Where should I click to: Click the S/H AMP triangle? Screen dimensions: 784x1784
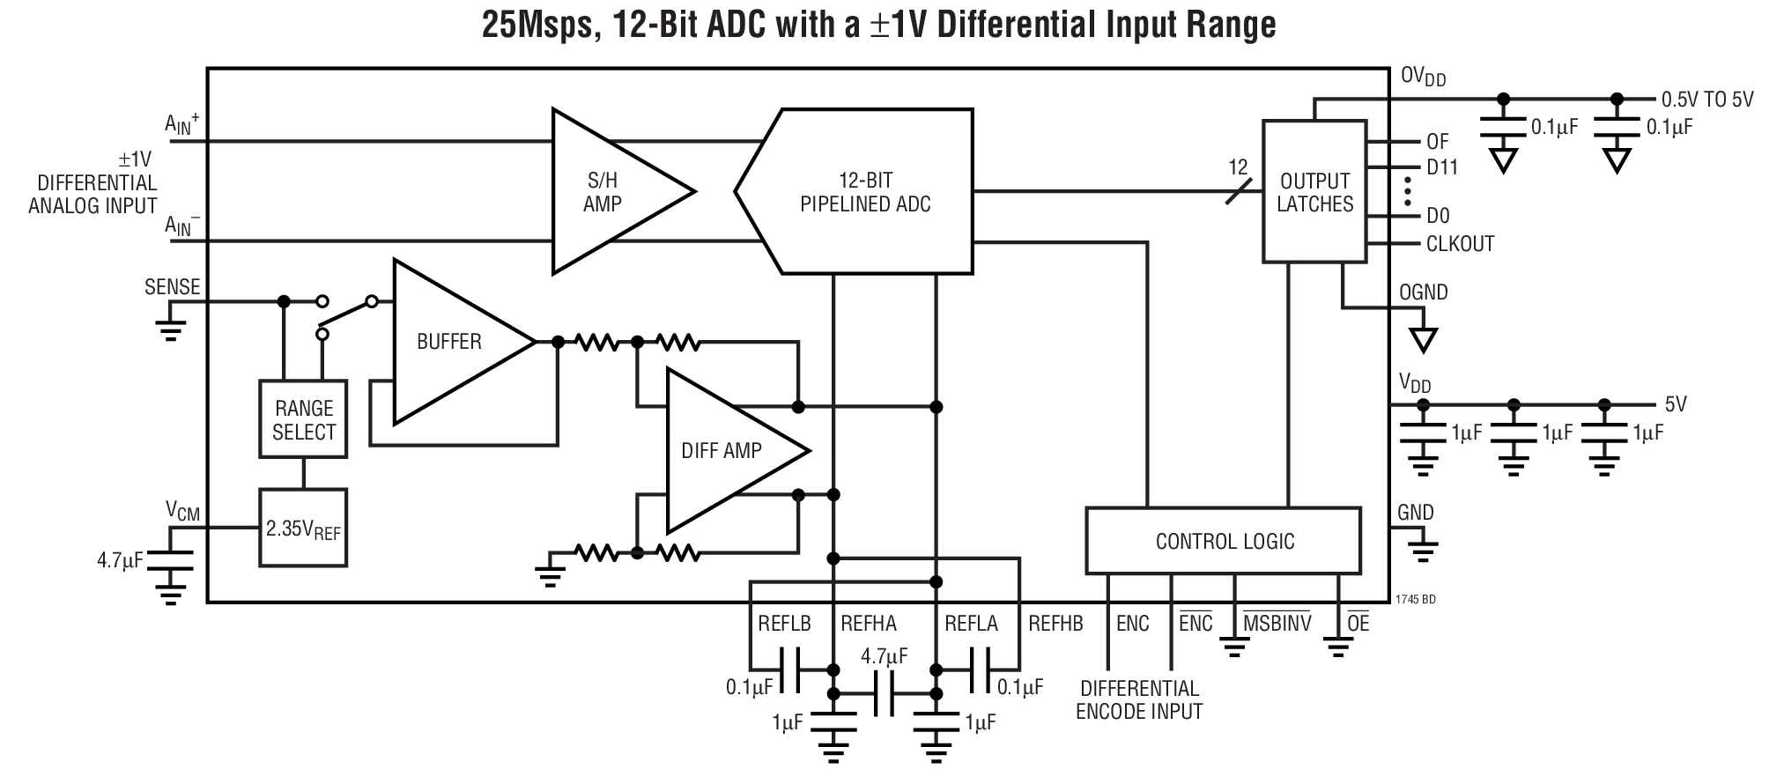tap(608, 192)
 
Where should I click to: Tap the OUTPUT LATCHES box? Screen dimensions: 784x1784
tap(1314, 192)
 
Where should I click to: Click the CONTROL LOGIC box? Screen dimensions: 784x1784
tap(1224, 541)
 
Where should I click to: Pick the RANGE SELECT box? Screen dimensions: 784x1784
tap(303, 419)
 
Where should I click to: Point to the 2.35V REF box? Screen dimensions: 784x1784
tap(303, 529)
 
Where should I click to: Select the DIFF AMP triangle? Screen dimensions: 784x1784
tap(724, 451)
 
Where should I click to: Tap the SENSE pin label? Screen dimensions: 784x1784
tap(173, 287)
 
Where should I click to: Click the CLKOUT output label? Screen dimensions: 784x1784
tap(1460, 244)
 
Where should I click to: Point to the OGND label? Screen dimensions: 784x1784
tap(1423, 292)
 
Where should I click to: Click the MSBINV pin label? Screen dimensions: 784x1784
tap(1277, 624)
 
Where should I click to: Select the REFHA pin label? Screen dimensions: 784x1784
tap(868, 624)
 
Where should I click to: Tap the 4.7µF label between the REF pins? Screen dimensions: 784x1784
tap(884, 656)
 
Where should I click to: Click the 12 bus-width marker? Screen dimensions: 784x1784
tap(1238, 167)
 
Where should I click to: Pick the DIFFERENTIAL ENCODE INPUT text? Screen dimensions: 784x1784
tap(1139, 699)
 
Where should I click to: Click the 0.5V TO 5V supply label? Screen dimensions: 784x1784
tap(1706, 100)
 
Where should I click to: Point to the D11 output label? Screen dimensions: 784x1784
tap(1442, 167)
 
